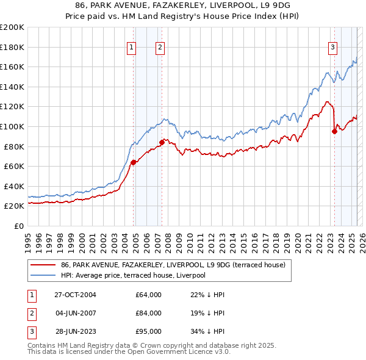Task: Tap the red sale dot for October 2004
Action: (x=133, y=162)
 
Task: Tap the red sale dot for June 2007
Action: (x=162, y=142)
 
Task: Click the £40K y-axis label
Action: (x=14, y=186)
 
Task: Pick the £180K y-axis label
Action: (x=12, y=46)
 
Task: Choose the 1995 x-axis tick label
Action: (x=28, y=238)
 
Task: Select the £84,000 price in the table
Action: (x=149, y=313)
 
